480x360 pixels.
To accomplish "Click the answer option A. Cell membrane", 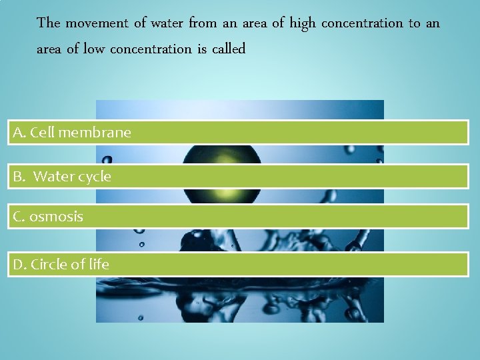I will pos(238,133).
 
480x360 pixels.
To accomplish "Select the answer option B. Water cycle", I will pos(238,177).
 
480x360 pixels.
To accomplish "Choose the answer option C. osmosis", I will pos(238,217).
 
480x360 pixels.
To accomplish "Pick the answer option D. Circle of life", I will pos(238,264).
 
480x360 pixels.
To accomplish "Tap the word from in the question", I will pos(202,23).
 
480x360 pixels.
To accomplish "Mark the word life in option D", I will pos(99,264).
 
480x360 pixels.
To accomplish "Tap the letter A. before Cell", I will pos(19,133).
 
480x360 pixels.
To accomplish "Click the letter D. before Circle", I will pos(20,264).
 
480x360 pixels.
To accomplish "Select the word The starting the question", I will pos(49,23).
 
